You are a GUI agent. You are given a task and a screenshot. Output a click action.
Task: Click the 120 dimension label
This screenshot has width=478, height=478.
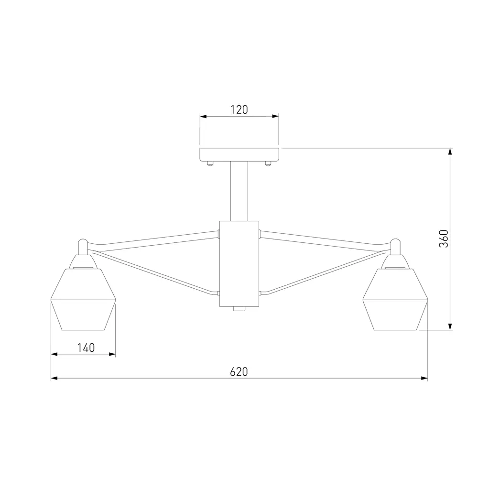(239, 109)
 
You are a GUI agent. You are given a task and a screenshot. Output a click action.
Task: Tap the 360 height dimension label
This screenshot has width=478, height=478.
(444, 239)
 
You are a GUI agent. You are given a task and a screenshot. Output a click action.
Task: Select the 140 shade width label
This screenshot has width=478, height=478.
(86, 348)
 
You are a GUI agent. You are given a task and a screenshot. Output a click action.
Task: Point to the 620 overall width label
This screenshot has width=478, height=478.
(239, 371)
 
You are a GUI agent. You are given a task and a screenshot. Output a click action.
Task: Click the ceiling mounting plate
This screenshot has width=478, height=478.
(239, 154)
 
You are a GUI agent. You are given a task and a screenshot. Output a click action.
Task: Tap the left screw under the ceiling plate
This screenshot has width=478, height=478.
(210, 163)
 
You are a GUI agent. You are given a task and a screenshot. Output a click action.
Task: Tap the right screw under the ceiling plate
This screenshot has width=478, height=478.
(268, 163)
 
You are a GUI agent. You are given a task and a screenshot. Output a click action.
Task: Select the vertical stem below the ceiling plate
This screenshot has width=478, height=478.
(239, 191)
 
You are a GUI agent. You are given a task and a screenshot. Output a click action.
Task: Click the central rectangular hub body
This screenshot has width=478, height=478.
(239, 264)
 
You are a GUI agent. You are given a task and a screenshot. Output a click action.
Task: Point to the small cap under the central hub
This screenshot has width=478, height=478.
(239, 309)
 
